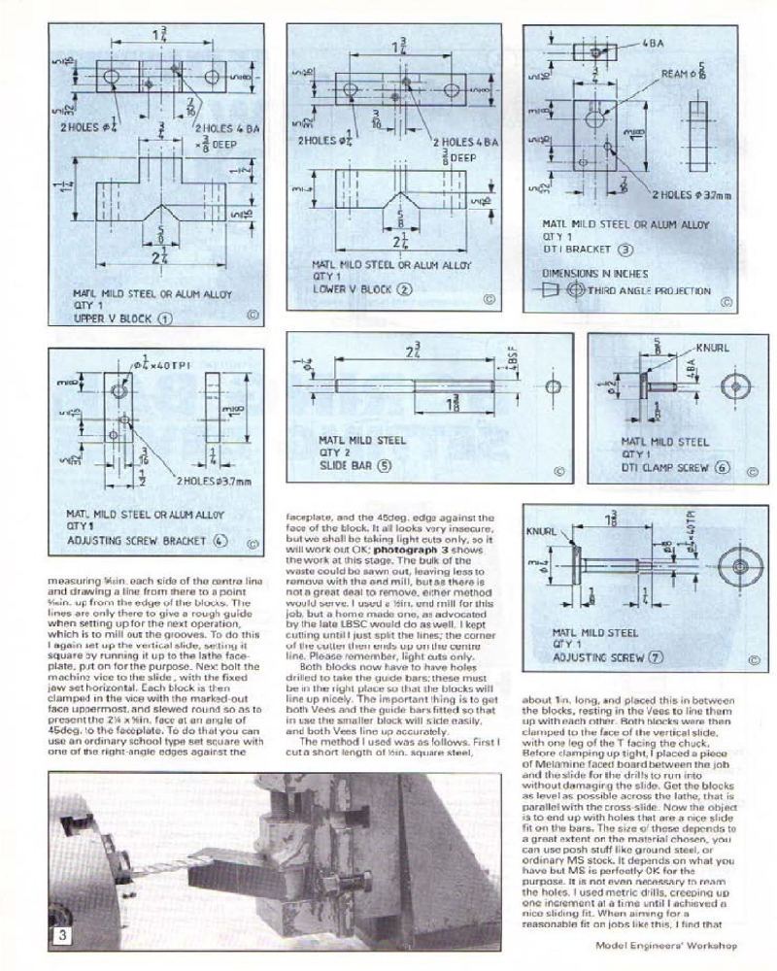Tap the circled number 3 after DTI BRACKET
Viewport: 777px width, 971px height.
(x=626, y=250)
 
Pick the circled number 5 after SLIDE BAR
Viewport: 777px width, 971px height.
(x=385, y=465)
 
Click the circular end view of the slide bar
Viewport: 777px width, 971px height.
(x=553, y=386)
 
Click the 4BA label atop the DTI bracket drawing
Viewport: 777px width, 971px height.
(x=654, y=45)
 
